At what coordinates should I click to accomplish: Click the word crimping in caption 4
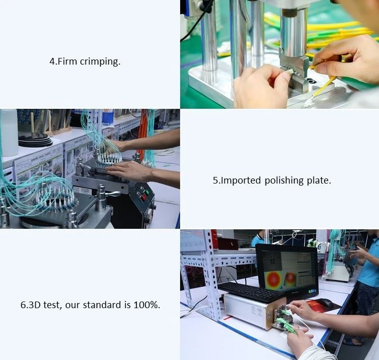tap(100, 62)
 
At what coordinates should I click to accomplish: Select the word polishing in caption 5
tap(284, 181)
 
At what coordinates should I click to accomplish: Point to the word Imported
tap(241, 181)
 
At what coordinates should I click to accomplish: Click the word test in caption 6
tap(51, 305)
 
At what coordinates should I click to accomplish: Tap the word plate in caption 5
tap(318, 181)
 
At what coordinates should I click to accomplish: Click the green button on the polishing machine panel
tap(146, 193)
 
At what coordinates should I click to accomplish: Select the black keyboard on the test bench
tap(251, 292)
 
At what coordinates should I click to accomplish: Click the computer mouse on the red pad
tap(326, 303)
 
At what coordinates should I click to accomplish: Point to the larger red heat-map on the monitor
tap(274, 280)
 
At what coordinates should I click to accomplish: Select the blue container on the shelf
tap(108, 117)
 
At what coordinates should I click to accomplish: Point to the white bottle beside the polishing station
tap(9, 132)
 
